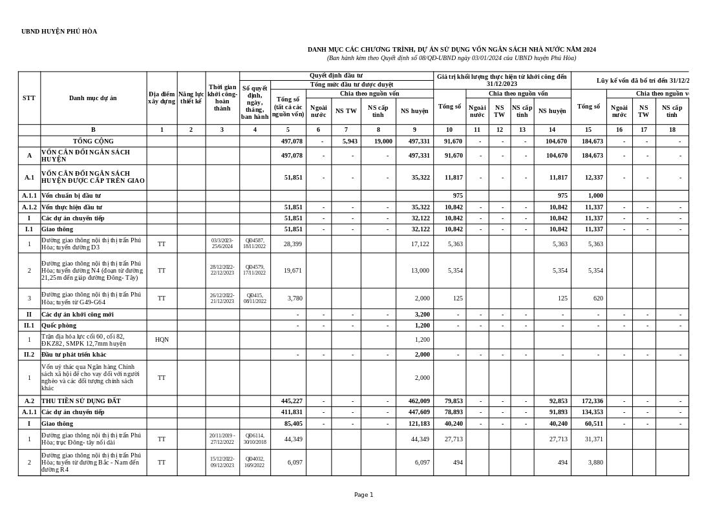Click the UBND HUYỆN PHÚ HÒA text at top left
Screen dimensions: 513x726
[x=59, y=32]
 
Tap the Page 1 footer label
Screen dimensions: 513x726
[x=363, y=495]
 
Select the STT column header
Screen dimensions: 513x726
[x=29, y=98]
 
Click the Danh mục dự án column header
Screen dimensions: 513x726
[x=93, y=98]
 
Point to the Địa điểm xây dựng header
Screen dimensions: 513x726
[x=162, y=98]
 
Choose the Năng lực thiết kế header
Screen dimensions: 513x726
[x=191, y=98]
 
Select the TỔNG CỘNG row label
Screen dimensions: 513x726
[x=93, y=141]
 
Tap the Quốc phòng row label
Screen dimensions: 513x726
[x=59, y=326]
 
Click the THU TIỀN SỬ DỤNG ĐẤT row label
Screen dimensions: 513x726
[x=81, y=401]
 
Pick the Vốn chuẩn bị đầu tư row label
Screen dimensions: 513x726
[x=71, y=196]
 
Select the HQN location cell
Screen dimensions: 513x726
[x=162, y=340]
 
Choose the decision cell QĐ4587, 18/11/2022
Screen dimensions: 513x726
[x=255, y=244]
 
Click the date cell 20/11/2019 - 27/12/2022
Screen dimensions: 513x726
[x=222, y=439]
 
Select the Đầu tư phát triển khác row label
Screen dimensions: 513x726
[x=74, y=355]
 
